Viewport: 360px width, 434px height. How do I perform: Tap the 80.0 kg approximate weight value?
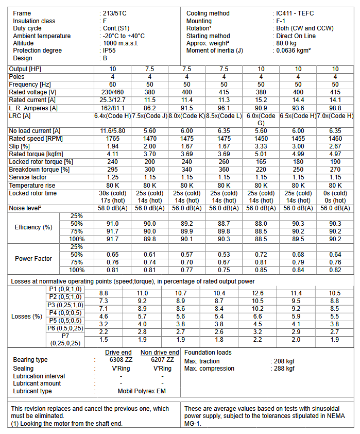288,43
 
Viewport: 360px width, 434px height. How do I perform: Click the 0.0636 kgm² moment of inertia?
294,51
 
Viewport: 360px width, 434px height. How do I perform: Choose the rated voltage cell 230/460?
112,92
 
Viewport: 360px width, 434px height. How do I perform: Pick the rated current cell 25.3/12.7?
112,100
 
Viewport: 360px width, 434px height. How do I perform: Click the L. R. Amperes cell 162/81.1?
112,108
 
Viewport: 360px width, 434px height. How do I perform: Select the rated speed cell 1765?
112,139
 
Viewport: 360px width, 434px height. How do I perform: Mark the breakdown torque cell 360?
224,170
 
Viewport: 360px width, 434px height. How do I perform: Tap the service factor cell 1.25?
112,177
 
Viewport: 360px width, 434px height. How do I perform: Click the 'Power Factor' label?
33,258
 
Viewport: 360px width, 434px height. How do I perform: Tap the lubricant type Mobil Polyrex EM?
142,391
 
